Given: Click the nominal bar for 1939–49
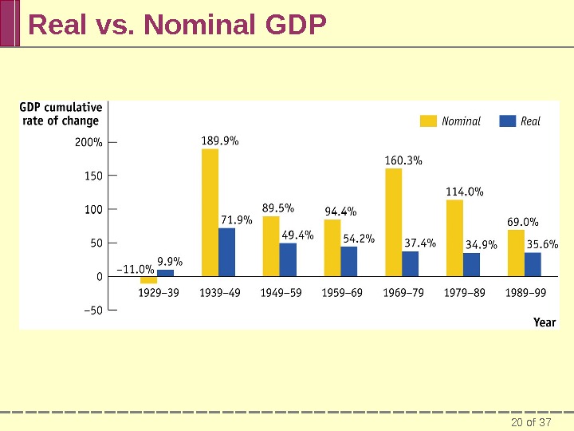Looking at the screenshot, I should (210, 212).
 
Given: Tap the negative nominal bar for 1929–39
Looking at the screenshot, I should (148, 280).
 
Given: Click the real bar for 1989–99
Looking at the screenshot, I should (533, 264).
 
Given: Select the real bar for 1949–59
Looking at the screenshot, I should (288, 259).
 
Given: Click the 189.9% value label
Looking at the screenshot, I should (220, 141).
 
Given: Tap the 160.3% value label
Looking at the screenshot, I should (403, 160).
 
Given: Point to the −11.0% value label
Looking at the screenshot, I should (136, 269).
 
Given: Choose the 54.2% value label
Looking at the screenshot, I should (359, 238).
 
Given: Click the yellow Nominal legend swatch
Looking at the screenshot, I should (429, 121).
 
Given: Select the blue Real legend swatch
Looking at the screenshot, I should (507, 121).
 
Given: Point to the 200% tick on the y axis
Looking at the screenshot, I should (88, 143).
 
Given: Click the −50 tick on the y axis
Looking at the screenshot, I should (92, 310).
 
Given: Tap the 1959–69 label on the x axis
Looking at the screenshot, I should (342, 293).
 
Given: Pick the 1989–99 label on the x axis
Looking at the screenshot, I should (526, 293).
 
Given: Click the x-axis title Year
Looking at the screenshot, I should (545, 322).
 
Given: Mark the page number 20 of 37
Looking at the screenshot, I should (531, 422).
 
